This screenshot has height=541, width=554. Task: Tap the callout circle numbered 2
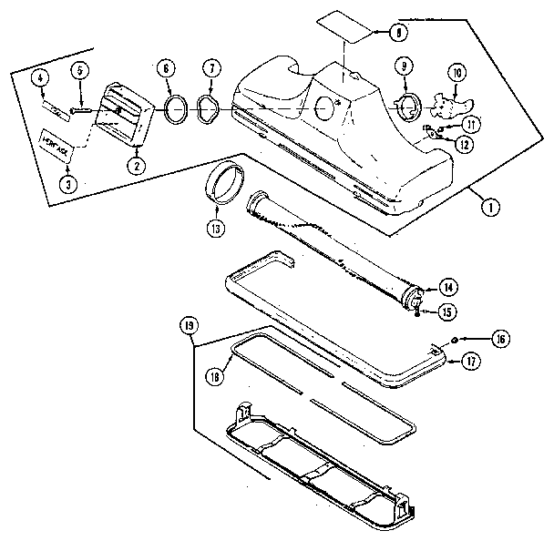click(x=135, y=166)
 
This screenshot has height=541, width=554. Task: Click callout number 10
click(x=457, y=73)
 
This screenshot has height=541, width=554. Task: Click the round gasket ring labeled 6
click(x=175, y=110)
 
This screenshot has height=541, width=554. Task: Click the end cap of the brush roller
click(x=411, y=300)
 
